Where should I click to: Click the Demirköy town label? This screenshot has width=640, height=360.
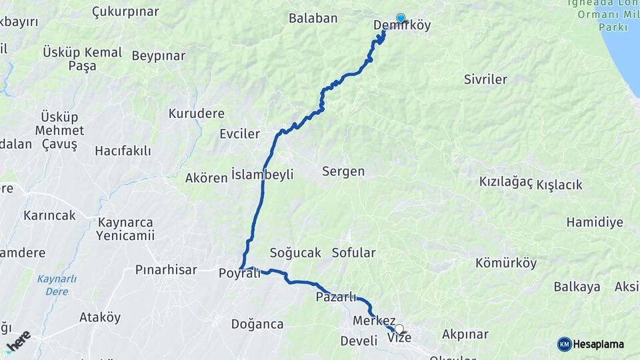coord(402,27)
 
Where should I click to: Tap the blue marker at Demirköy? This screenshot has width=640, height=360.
coord(401,18)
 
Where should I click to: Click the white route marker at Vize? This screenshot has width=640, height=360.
coord(399,329)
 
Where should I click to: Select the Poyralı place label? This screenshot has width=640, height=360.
coord(239,273)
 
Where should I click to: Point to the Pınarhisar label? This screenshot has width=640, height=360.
coord(166,270)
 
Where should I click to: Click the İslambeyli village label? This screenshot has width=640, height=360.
coord(262,175)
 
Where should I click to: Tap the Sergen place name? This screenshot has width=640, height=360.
coord(343,171)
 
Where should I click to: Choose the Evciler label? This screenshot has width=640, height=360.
coord(239,134)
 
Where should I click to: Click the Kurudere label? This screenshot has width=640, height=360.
coord(196,113)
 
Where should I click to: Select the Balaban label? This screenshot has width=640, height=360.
coord(313,18)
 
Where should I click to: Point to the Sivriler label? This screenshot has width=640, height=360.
coord(485,79)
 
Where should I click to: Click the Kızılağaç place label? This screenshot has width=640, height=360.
coord(506,182)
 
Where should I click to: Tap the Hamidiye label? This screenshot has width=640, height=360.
coord(595,222)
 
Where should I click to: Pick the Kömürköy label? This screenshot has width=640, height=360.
coord(506,263)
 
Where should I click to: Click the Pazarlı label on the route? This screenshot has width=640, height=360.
coord(336,297)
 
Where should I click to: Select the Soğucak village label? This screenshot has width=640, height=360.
coord(295,253)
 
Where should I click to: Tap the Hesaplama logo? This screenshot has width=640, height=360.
coord(591,344)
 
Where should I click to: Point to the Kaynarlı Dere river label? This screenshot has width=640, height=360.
coord(57,285)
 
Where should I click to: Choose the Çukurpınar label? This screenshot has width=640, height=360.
coord(125,12)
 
